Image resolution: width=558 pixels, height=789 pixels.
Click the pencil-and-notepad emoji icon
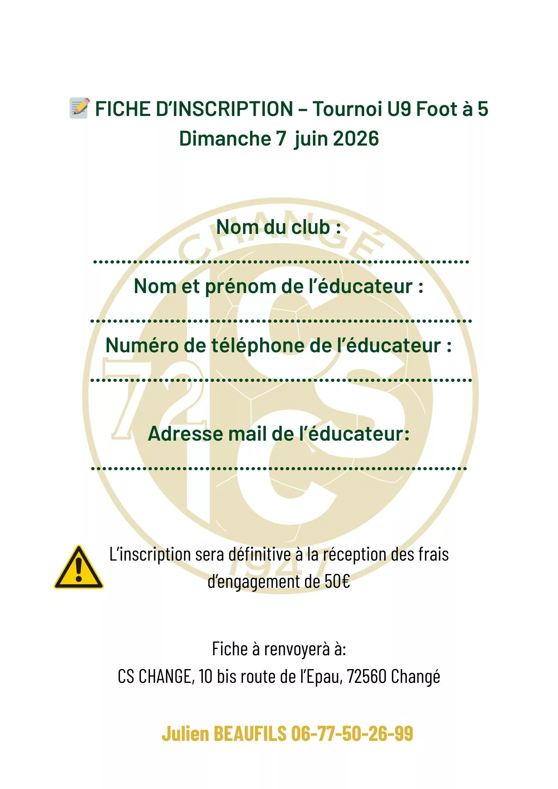80,108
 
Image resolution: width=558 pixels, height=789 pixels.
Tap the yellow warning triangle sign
79,568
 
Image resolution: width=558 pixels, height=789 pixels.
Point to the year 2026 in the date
356,138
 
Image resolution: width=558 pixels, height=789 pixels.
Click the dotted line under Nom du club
281,262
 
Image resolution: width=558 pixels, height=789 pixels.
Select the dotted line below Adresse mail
279,469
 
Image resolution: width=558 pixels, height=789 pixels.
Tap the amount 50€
337,581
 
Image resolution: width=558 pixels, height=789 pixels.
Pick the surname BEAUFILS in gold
250,733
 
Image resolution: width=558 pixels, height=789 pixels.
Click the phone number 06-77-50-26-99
352,733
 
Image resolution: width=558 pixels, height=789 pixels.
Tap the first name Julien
185,733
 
